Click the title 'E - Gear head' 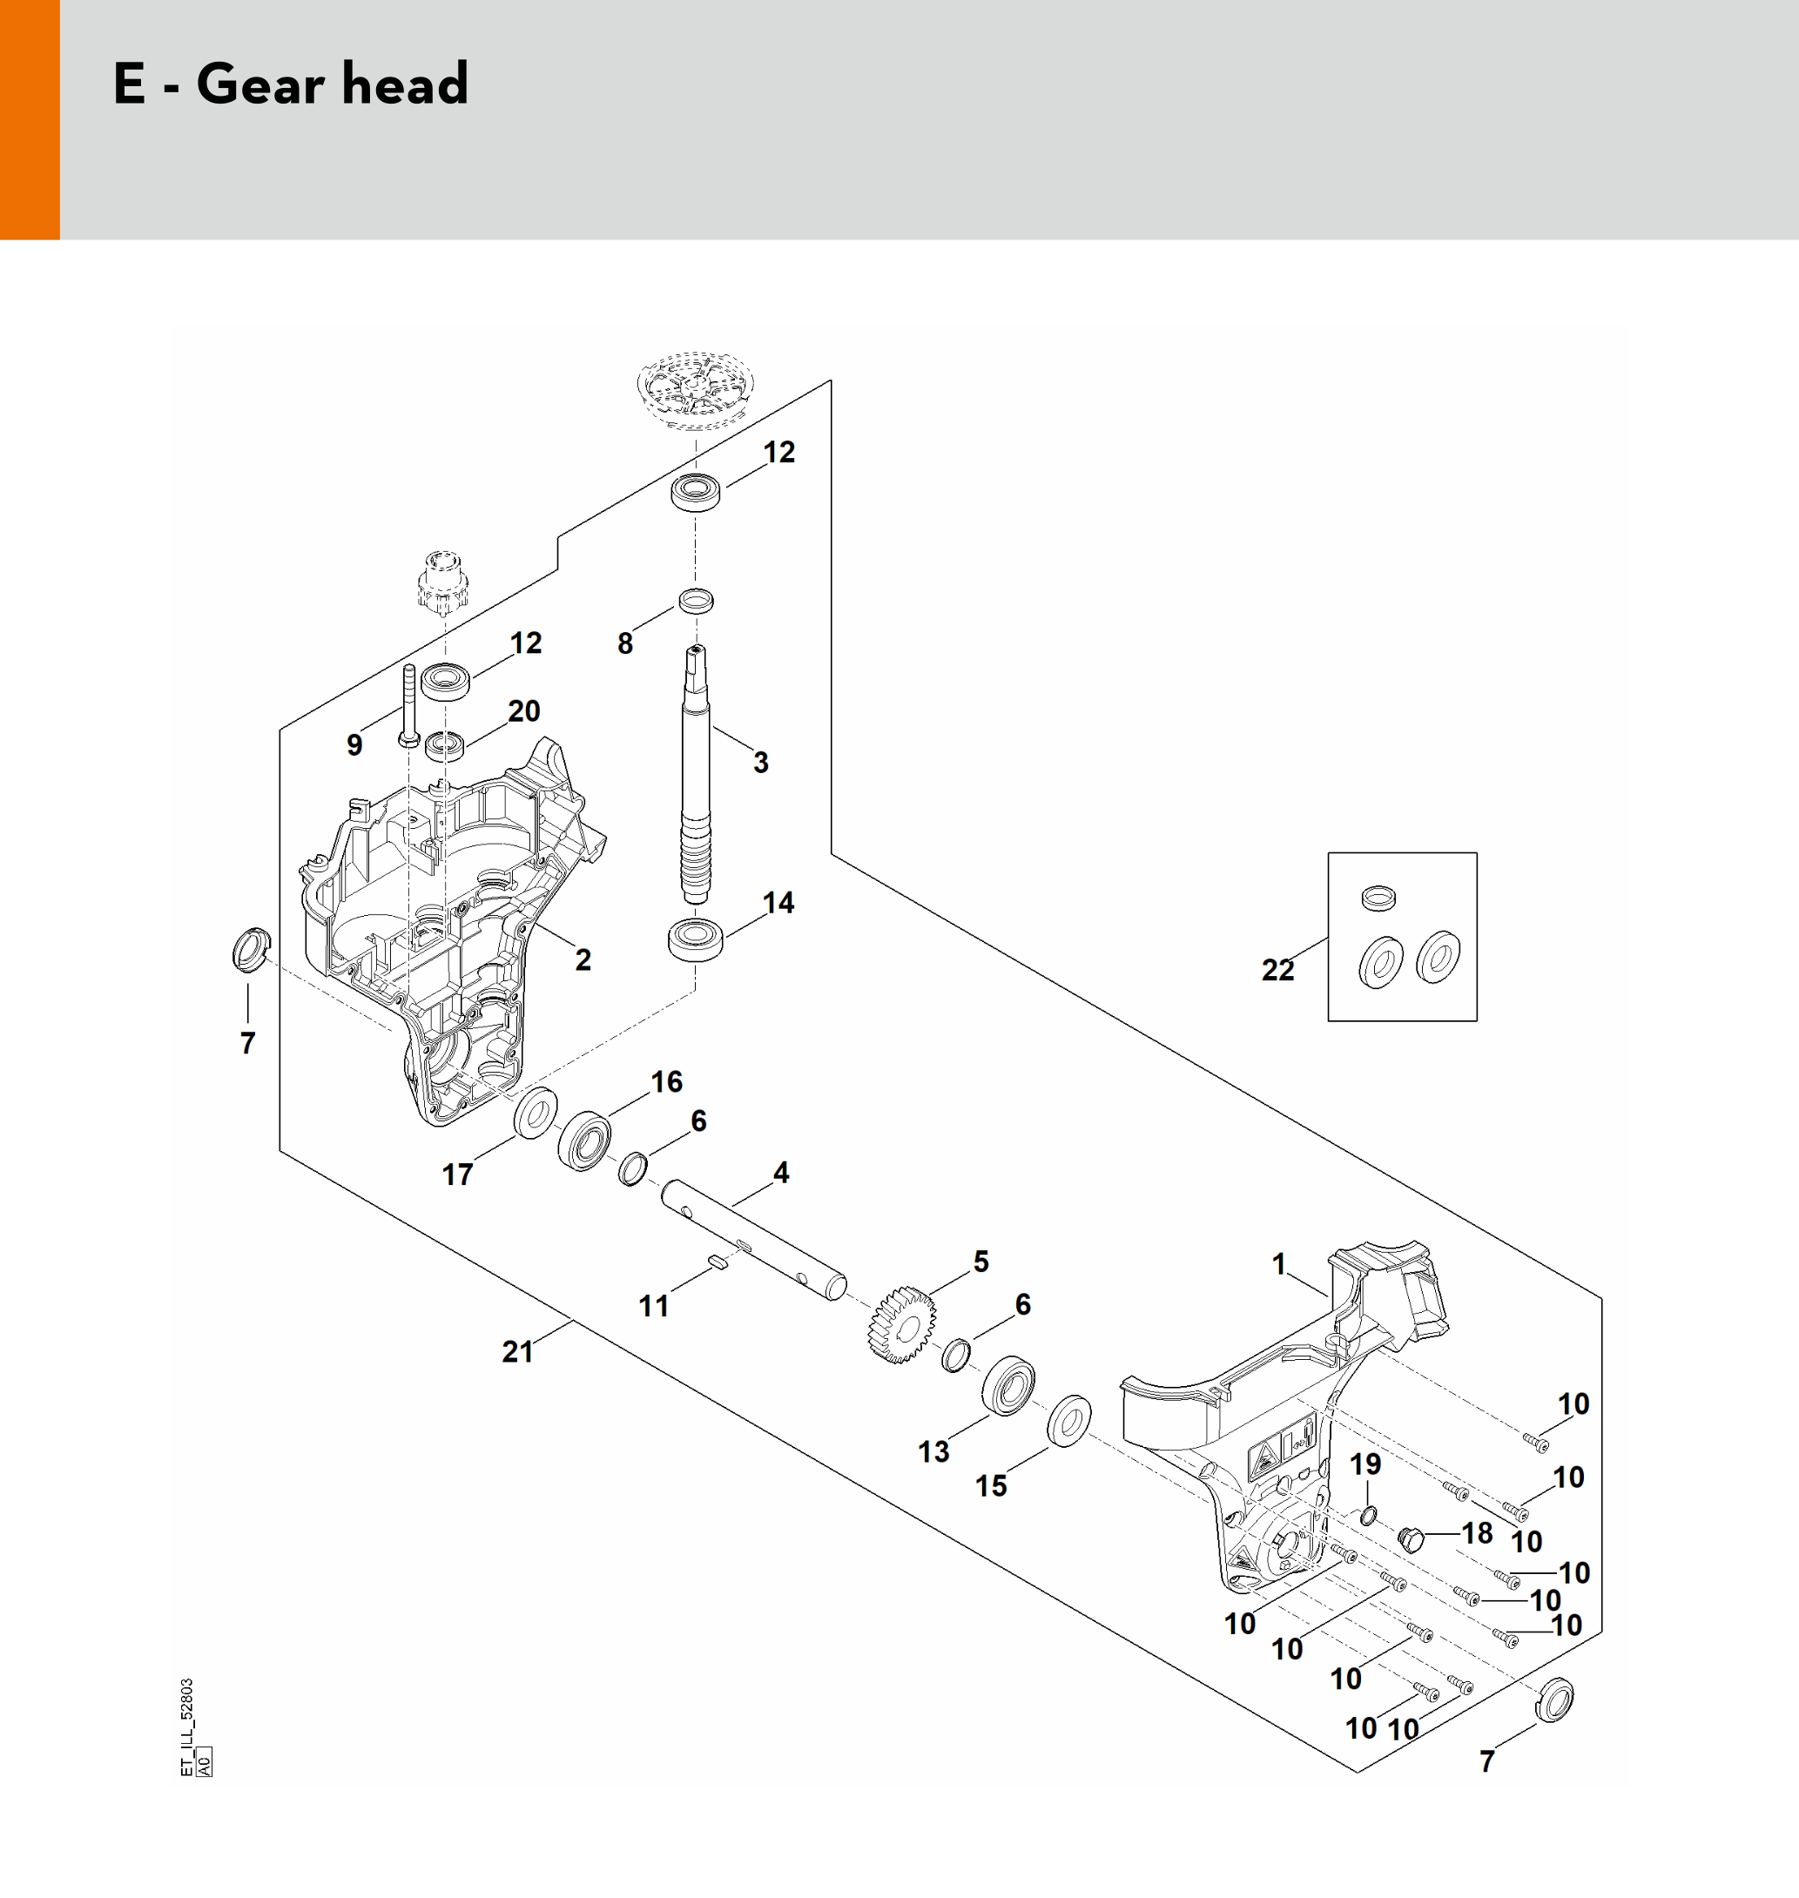click(291, 84)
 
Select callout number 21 click(518, 1351)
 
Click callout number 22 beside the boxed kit click(1277, 969)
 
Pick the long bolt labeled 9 click(408, 704)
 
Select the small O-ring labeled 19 click(1369, 1516)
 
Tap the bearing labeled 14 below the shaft click(695, 939)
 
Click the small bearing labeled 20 click(444, 744)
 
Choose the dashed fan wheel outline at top click(691, 387)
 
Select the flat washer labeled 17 click(536, 1114)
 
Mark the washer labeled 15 click(1068, 1422)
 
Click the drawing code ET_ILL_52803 click(187, 1726)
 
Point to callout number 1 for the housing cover click(1278, 1264)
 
